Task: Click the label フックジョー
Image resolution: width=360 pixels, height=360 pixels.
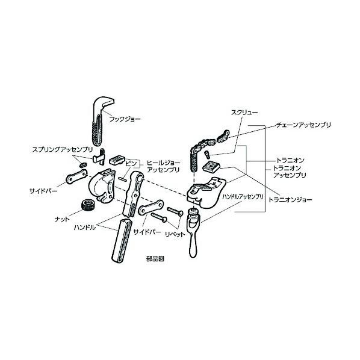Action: click(x=125, y=119)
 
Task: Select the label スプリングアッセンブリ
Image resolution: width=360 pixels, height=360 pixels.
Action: click(x=63, y=150)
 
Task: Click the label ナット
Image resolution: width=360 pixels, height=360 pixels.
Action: click(x=62, y=219)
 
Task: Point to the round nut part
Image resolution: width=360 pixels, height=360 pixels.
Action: click(x=87, y=205)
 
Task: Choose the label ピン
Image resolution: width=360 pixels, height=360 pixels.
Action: click(x=131, y=164)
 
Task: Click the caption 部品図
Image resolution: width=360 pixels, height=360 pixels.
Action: click(x=155, y=259)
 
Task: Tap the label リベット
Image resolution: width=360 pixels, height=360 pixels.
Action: click(x=175, y=234)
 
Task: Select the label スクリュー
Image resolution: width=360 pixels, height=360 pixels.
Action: click(x=244, y=112)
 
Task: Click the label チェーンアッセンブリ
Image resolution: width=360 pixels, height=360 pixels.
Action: click(x=303, y=125)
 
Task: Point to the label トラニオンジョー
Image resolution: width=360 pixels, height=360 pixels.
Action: click(x=290, y=199)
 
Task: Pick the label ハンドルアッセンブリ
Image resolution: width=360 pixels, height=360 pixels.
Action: click(x=243, y=197)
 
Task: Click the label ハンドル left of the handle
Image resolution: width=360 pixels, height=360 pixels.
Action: click(x=84, y=228)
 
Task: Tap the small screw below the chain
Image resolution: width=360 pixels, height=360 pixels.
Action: click(x=207, y=154)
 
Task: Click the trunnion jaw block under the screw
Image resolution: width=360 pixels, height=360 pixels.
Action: click(x=211, y=166)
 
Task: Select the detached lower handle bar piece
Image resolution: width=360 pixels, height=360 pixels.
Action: click(x=122, y=240)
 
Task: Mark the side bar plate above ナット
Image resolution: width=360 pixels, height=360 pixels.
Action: click(x=76, y=176)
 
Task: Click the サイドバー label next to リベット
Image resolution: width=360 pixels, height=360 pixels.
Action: click(x=147, y=232)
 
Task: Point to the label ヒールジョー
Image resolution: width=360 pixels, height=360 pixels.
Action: click(x=164, y=163)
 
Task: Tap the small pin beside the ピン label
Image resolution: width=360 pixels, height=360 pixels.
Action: click(x=122, y=179)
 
